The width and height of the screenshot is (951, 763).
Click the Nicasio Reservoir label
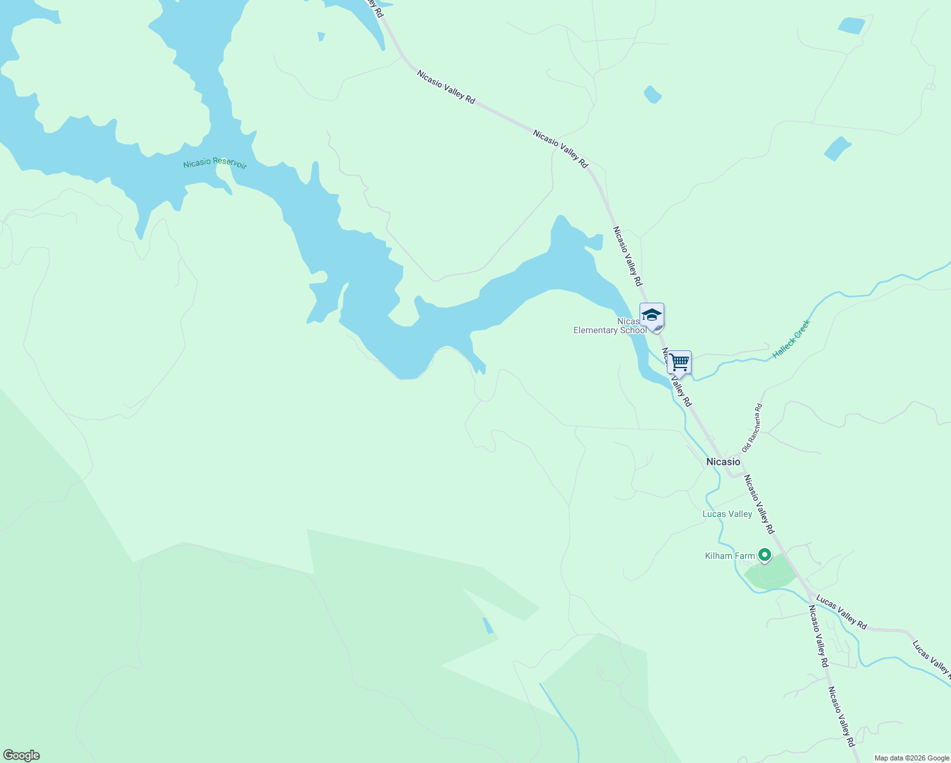[x=214, y=163]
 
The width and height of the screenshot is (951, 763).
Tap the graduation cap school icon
[x=652, y=315]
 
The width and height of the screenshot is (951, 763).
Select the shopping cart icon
[x=679, y=362]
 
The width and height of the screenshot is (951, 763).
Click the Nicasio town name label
[x=723, y=462]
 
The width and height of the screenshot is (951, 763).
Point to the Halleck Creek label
[x=791, y=339]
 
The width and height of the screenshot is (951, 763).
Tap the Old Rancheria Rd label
[x=751, y=428]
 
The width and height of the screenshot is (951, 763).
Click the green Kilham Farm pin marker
[x=765, y=556]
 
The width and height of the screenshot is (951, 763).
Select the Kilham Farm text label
[x=730, y=556]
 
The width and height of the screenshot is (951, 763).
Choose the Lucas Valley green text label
[x=727, y=514]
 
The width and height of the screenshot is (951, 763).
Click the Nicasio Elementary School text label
[x=610, y=326]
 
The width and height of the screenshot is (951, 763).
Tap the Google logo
[x=22, y=755]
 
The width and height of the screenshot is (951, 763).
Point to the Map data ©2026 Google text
[x=911, y=758]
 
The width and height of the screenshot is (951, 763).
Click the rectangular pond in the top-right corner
[x=851, y=26]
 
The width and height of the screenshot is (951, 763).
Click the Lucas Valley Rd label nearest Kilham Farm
[x=841, y=612]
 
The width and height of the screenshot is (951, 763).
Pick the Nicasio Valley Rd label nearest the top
[x=446, y=86]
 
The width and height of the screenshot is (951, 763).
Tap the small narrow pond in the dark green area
[x=488, y=625]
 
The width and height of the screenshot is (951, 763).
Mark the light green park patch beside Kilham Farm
[x=770, y=572]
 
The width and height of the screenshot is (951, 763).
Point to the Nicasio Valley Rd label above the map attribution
[x=840, y=711]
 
